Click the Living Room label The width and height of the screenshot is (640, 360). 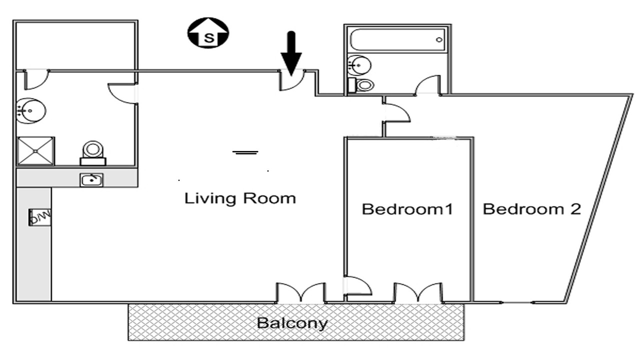click(240, 198)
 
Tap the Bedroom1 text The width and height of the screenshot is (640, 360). click(407, 209)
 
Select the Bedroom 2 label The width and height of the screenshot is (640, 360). click(532, 209)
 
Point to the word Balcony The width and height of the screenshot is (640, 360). click(292, 323)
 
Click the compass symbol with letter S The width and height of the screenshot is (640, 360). click(208, 33)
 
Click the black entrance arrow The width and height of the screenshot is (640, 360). click(291, 53)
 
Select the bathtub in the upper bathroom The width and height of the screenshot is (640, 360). click(397, 40)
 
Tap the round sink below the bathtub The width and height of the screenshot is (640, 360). click(359, 65)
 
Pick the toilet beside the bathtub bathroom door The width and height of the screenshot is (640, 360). click(361, 85)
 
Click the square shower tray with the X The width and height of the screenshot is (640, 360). click(35, 151)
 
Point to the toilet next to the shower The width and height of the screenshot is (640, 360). click(93, 153)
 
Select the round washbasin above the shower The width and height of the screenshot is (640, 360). click(31, 111)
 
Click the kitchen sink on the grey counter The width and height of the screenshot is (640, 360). click(91, 180)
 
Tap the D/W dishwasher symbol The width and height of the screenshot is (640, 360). click(40, 217)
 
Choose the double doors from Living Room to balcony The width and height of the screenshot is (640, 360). click(300, 292)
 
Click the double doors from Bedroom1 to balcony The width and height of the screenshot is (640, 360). click(418, 292)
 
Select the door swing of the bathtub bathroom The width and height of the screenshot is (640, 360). click(427, 84)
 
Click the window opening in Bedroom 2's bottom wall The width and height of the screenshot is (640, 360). click(517, 302)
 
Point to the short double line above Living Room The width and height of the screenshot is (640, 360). click(245, 152)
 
